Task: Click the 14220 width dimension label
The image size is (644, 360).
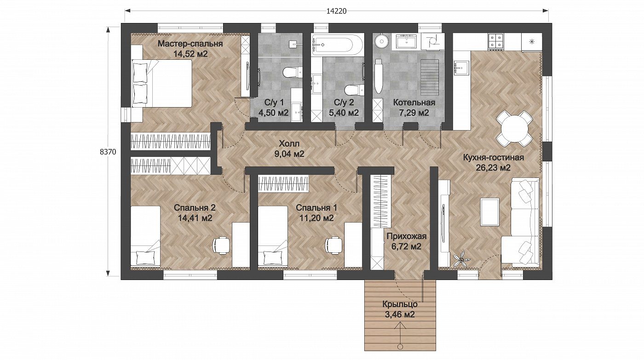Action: pyautogui.click(x=336, y=11)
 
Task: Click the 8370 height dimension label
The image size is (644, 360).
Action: pyautogui.click(x=108, y=152)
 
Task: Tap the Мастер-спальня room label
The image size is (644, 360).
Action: pyautogui.click(x=190, y=44)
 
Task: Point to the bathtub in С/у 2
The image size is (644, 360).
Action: pyautogui.click(x=338, y=45)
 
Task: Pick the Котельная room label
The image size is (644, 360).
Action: pyautogui.click(x=414, y=103)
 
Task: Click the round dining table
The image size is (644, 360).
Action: pyautogui.click(x=514, y=128)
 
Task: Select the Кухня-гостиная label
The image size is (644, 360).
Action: pyautogui.click(x=493, y=157)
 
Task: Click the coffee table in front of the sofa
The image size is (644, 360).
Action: pyautogui.click(x=490, y=212)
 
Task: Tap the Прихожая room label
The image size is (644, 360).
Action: pyautogui.click(x=407, y=236)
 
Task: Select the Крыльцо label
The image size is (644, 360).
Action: pyautogui.click(x=400, y=304)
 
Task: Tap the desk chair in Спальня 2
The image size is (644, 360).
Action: pyautogui.click(x=221, y=246)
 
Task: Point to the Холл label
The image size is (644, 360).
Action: pyautogui.click(x=289, y=143)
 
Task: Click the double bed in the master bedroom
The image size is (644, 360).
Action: pyautogui.click(x=162, y=83)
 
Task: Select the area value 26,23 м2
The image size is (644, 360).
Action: pyautogui.click(x=493, y=168)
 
